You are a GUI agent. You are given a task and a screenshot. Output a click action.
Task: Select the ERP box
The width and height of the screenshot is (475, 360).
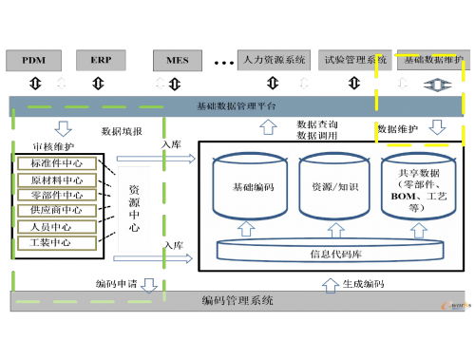click(x=103, y=60)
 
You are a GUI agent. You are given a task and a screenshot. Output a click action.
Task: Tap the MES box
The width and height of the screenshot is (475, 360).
click(x=177, y=60)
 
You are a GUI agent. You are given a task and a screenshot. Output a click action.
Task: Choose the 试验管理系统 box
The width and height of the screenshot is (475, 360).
click(x=352, y=60)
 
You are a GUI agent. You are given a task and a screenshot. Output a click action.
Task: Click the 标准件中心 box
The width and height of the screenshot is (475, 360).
click(x=58, y=162)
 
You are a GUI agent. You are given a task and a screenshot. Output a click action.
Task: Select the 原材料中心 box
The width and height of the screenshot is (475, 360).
click(x=58, y=179)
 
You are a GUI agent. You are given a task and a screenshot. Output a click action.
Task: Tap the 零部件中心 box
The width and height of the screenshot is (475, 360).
click(x=58, y=194)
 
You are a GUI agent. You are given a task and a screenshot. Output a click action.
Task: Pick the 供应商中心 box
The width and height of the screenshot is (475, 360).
click(x=58, y=210)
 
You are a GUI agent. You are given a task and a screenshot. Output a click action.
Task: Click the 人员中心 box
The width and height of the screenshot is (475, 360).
click(x=58, y=226)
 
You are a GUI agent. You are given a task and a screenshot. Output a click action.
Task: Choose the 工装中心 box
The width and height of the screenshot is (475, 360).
click(x=58, y=242)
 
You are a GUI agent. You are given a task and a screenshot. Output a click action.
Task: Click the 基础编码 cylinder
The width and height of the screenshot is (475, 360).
click(x=255, y=188)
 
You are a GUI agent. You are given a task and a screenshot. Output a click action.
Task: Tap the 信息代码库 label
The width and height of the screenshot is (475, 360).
click(x=332, y=254)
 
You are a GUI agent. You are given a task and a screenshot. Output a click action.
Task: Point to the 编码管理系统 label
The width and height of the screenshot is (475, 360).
click(x=237, y=301)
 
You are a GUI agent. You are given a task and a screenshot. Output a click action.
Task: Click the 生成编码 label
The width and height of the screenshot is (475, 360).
click(x=365, y=283)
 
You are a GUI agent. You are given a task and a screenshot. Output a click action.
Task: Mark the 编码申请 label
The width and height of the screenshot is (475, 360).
click(x=116, y=283)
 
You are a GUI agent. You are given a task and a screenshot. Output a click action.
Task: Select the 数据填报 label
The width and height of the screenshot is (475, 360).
click(x=122, y=130)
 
